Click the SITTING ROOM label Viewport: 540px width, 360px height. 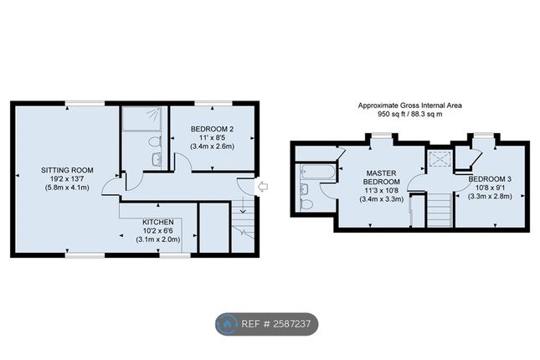(67, 170)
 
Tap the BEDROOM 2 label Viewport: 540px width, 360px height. (212, 129)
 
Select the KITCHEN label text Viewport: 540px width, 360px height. (158, 222)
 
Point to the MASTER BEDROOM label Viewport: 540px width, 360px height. (381, 177)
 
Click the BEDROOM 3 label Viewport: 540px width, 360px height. (490, 179)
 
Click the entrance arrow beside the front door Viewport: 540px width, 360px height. (263, 187)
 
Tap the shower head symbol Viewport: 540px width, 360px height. (153, 113)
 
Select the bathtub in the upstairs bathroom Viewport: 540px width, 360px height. (317, 172)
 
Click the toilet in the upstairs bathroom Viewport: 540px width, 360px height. (306, 204)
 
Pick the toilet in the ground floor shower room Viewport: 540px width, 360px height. (155, 141)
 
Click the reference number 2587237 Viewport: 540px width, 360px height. (292, 324)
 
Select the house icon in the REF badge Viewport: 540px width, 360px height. (227, 324)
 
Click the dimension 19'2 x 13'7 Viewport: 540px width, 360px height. (67, 179)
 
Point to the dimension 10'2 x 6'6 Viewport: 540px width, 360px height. (158, 231)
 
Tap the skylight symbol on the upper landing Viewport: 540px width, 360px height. (439, 159)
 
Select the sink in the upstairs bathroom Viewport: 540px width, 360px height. (305, 189)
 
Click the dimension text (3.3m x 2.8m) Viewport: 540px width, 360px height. (490, 197)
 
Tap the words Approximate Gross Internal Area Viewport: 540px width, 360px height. (410, 105)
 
